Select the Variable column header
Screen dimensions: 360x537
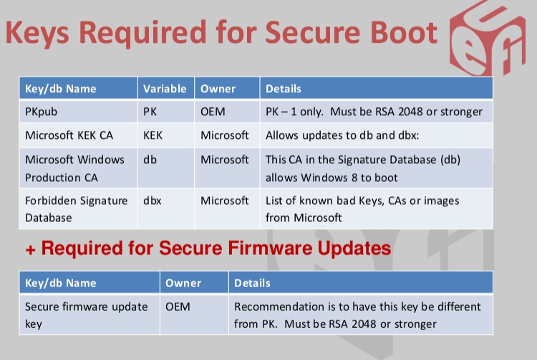click(x=165, y=89)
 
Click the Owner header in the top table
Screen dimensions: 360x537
click(x=218, y=89)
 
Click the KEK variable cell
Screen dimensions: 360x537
click(x=153, y=135)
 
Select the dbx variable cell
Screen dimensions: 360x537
click(x=152, y=200)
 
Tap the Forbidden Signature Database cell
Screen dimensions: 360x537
click(x=76, y=208)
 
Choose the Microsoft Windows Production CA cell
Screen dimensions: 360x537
click(x=74, y=167)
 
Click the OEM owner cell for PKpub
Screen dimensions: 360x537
click(x=213, y=112)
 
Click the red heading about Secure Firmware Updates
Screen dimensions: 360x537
click(x=208, y=249)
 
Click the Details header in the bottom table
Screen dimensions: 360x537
click(x=252, y=283)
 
